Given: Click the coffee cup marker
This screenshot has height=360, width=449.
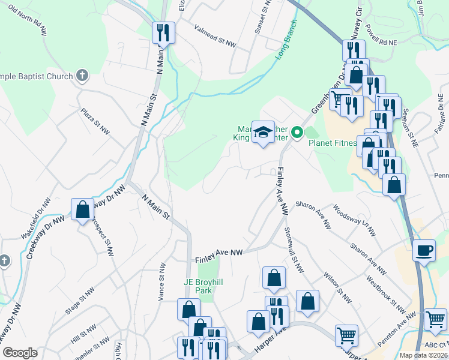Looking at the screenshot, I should pyautogui.click(x=424, y=250).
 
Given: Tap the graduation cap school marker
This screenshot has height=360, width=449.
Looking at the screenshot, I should pyautogui.click(x=262, y=133).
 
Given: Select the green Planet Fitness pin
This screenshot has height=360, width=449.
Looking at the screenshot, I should pyautogui.click(x=296, y=132).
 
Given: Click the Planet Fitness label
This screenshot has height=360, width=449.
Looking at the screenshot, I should pyautogui.click(x=333, y=143).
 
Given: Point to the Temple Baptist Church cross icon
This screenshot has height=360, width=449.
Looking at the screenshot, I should pyautogui.click(x=82, y=76).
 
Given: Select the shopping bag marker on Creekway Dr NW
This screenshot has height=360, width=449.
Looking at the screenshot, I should pyautogui.click(x=83, y=209).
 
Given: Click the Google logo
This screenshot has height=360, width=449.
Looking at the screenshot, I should pyautogui.click(x=20, y=353).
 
